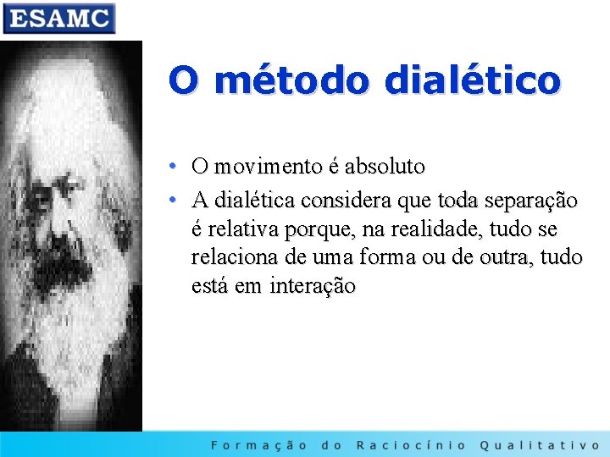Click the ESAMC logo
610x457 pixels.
tap(58, 18)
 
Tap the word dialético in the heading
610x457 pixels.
tap(472, 80)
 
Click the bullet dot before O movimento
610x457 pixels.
tap(172, 167)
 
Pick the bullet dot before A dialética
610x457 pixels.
tap(172, 201)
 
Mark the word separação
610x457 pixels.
tap(530, 201)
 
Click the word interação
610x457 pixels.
tap(313, 287)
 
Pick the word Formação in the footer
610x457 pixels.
tap(259, 444)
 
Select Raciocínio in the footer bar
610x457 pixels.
tap(410, 444)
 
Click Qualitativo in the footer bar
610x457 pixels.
tap(540, 444)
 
